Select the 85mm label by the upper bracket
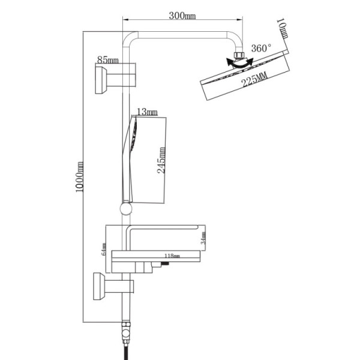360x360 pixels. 107,60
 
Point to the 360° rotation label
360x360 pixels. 262,48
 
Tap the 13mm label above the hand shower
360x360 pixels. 146,112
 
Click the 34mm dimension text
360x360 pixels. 203,238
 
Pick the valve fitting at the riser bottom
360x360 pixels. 125,329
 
